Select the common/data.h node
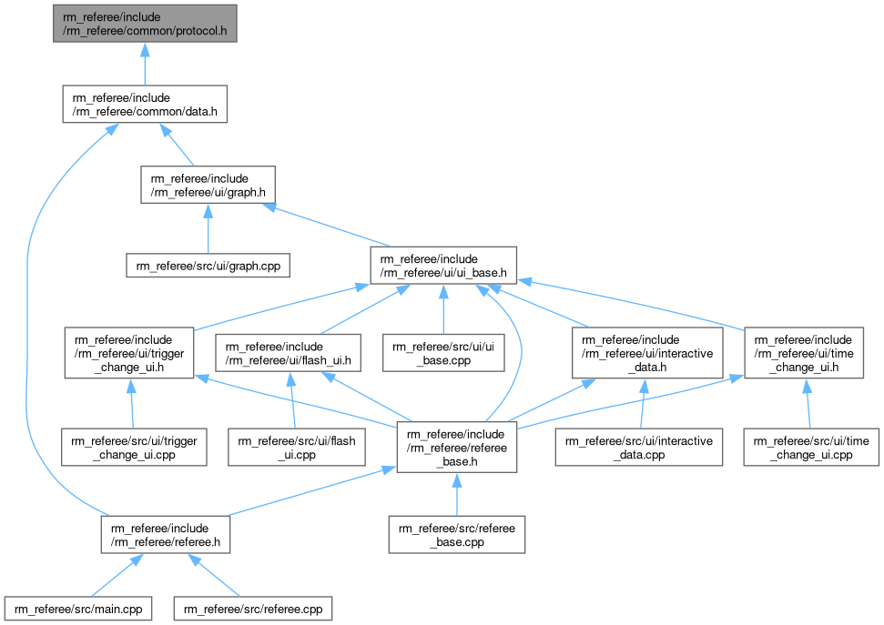[144, 105]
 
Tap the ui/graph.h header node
[208, 184]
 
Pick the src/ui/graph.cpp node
[208, 267]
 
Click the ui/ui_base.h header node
[443, 265]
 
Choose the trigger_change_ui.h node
[129, 352]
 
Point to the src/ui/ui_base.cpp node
[443, 352]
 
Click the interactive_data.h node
[647, 352]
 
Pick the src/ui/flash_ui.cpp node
[296, 447]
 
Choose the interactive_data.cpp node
[640, 447]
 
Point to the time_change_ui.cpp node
[811, 447]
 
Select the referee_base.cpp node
[456, 534]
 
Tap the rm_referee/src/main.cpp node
[77, 608]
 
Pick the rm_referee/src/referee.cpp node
[254, 608]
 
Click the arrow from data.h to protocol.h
[144, 64]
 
